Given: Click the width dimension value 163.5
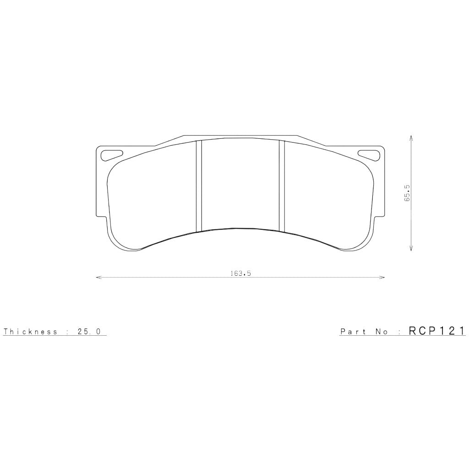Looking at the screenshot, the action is click(x=240, y=273).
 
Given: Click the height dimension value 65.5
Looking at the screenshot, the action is click(x=407, y=193).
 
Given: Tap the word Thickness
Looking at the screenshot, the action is click(x=30, y=332).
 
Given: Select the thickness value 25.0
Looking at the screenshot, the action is click(x=89, y=332).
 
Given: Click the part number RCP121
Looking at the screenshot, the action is click(x=437, y=331).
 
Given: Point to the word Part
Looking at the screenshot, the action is click(x=353, y=332).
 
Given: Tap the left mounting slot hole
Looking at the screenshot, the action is click(x=111, y=155).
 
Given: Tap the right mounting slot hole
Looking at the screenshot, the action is click(x=369, y=155).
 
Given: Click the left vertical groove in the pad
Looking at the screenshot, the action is click(x=199, y=186).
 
